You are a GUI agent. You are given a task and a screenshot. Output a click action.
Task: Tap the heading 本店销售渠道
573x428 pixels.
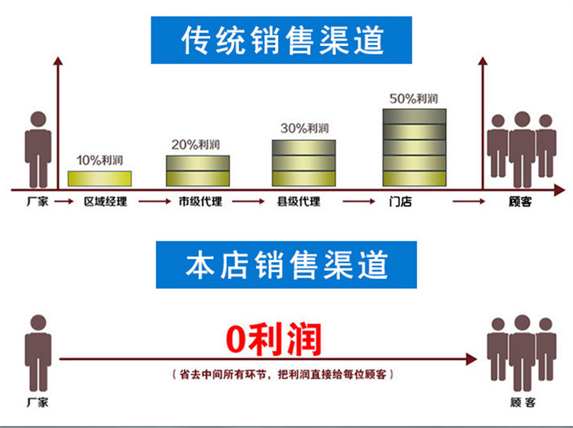286,264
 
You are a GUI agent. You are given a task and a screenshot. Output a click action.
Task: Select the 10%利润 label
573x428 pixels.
99,160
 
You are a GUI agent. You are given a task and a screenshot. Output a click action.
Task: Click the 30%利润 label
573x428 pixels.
304,128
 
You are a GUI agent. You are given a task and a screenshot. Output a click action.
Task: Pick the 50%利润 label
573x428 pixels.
413,99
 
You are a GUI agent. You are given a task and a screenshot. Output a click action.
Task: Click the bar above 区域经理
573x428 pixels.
99,179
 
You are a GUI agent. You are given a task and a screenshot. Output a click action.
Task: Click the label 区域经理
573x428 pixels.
105,202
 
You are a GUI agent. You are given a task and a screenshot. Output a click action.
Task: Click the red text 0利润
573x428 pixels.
272,339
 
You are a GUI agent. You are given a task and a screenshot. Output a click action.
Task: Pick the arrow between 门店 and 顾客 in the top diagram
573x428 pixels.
468,202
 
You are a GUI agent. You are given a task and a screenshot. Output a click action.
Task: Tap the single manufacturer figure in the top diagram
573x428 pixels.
37,149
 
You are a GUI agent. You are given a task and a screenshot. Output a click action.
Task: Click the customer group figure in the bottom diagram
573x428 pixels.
522,352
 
